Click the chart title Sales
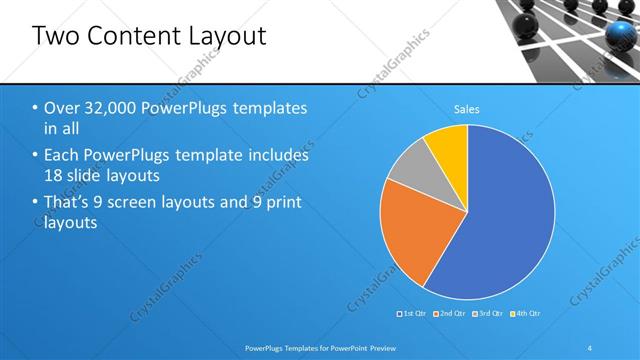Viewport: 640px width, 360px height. [x=467, y=108]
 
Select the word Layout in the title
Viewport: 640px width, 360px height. [x=230, y=38]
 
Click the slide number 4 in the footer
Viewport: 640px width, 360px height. [x=590, y=347]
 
